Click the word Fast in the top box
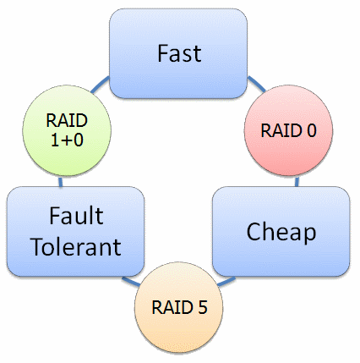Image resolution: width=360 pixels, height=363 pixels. [x=179, y=53]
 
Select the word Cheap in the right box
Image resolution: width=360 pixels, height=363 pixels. [x=281, y=232]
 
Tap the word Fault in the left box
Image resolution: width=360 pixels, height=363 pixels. [x=76, y=216]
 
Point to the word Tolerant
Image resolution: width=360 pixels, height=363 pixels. [x=77, y=247]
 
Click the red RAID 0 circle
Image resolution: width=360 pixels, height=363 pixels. [x=288, y=130]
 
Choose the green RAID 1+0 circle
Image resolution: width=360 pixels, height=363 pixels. [x=67, y=130]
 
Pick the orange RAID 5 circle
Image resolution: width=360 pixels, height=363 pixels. [x=178, y=307]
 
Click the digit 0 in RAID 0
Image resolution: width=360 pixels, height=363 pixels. [x=311, y=130]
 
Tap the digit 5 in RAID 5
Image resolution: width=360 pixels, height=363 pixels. [x=203, y=307]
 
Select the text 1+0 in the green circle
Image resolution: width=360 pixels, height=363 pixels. [x=67, y=140]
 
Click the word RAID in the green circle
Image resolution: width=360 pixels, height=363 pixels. [x=67, y=120]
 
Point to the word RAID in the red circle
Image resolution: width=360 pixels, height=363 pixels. [x=281, y=130]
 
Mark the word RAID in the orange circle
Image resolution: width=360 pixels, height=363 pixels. [x=172, y=307]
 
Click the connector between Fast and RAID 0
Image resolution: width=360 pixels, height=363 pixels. [x=256, y=84]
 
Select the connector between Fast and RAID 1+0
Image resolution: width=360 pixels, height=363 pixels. [x=100, y=84]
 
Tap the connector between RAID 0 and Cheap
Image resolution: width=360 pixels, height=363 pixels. [x=297, y=182]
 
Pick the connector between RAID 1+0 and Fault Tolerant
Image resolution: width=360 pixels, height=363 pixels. [x=60, y=182]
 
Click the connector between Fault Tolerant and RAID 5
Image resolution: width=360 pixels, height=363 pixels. [x=131, y=281]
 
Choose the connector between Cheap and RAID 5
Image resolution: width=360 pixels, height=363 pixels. [x=226, y=281]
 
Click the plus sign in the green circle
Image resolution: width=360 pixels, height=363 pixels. [x=67, y=140]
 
